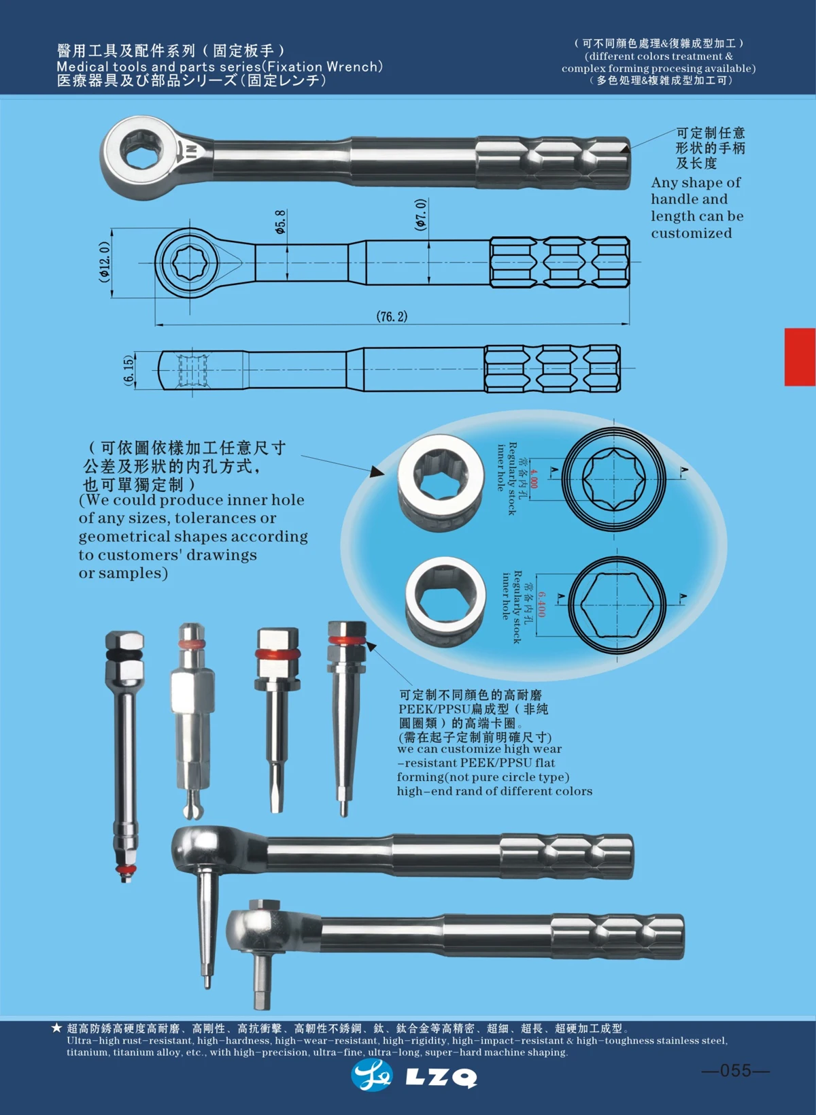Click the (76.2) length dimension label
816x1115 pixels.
click(x=392, y=316)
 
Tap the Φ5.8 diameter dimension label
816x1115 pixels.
click(x=280, y=222)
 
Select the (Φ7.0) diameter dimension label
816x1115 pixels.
click(x=421, y=214)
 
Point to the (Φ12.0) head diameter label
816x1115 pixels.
click(x=105, y=262)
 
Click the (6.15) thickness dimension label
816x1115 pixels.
click(x=129, y=370)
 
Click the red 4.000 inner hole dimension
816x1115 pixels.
click(x=534, y=478)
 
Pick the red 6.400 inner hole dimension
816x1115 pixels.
click(x=541, y=604)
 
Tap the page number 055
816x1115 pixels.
click(x=735, y=1071)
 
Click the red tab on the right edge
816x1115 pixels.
click(x=800, y=357)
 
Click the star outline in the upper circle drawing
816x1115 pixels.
click(x=614, y=479)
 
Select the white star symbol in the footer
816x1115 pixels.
click(x=56, y=1028)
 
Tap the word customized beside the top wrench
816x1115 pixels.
click(x=691, y=233)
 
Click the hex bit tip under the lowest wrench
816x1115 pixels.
click(x=262, y=999)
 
